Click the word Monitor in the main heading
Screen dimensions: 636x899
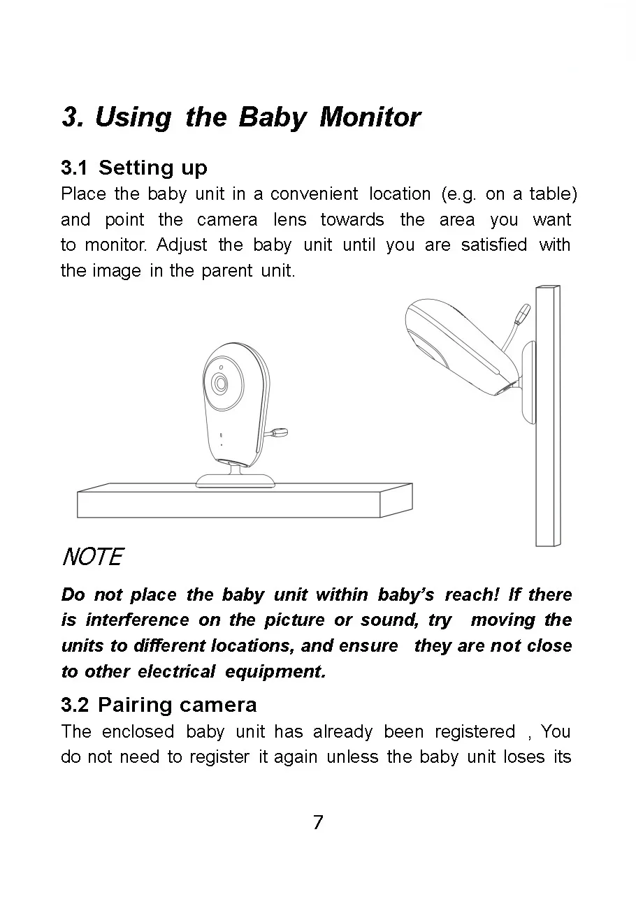click(x=370, y=117)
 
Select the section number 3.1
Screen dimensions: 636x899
click(x=74, y=168)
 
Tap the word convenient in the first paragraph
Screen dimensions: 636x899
click(x=314, y=194)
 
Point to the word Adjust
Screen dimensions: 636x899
click(x=182, y=245)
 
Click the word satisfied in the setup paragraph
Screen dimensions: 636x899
click(x=494, y=244)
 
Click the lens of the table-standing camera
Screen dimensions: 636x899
click(x=220, y=383)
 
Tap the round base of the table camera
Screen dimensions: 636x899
click(x=236, y=481)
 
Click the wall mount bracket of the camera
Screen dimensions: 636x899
click(x=529, y=382)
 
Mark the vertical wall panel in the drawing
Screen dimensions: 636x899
click(x=548, y=416)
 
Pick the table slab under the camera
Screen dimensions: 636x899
click(x=245, y=500)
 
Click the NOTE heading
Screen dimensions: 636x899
click(x=93, y=557)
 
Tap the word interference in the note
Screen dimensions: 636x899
click(x=137, y=620)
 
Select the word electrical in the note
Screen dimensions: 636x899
click(x=176, y=671)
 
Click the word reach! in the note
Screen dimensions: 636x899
click(x=472, y=594)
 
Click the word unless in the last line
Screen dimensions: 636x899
click(x=352, y=757)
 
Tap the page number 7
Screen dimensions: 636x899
click(x=318, y=822)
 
